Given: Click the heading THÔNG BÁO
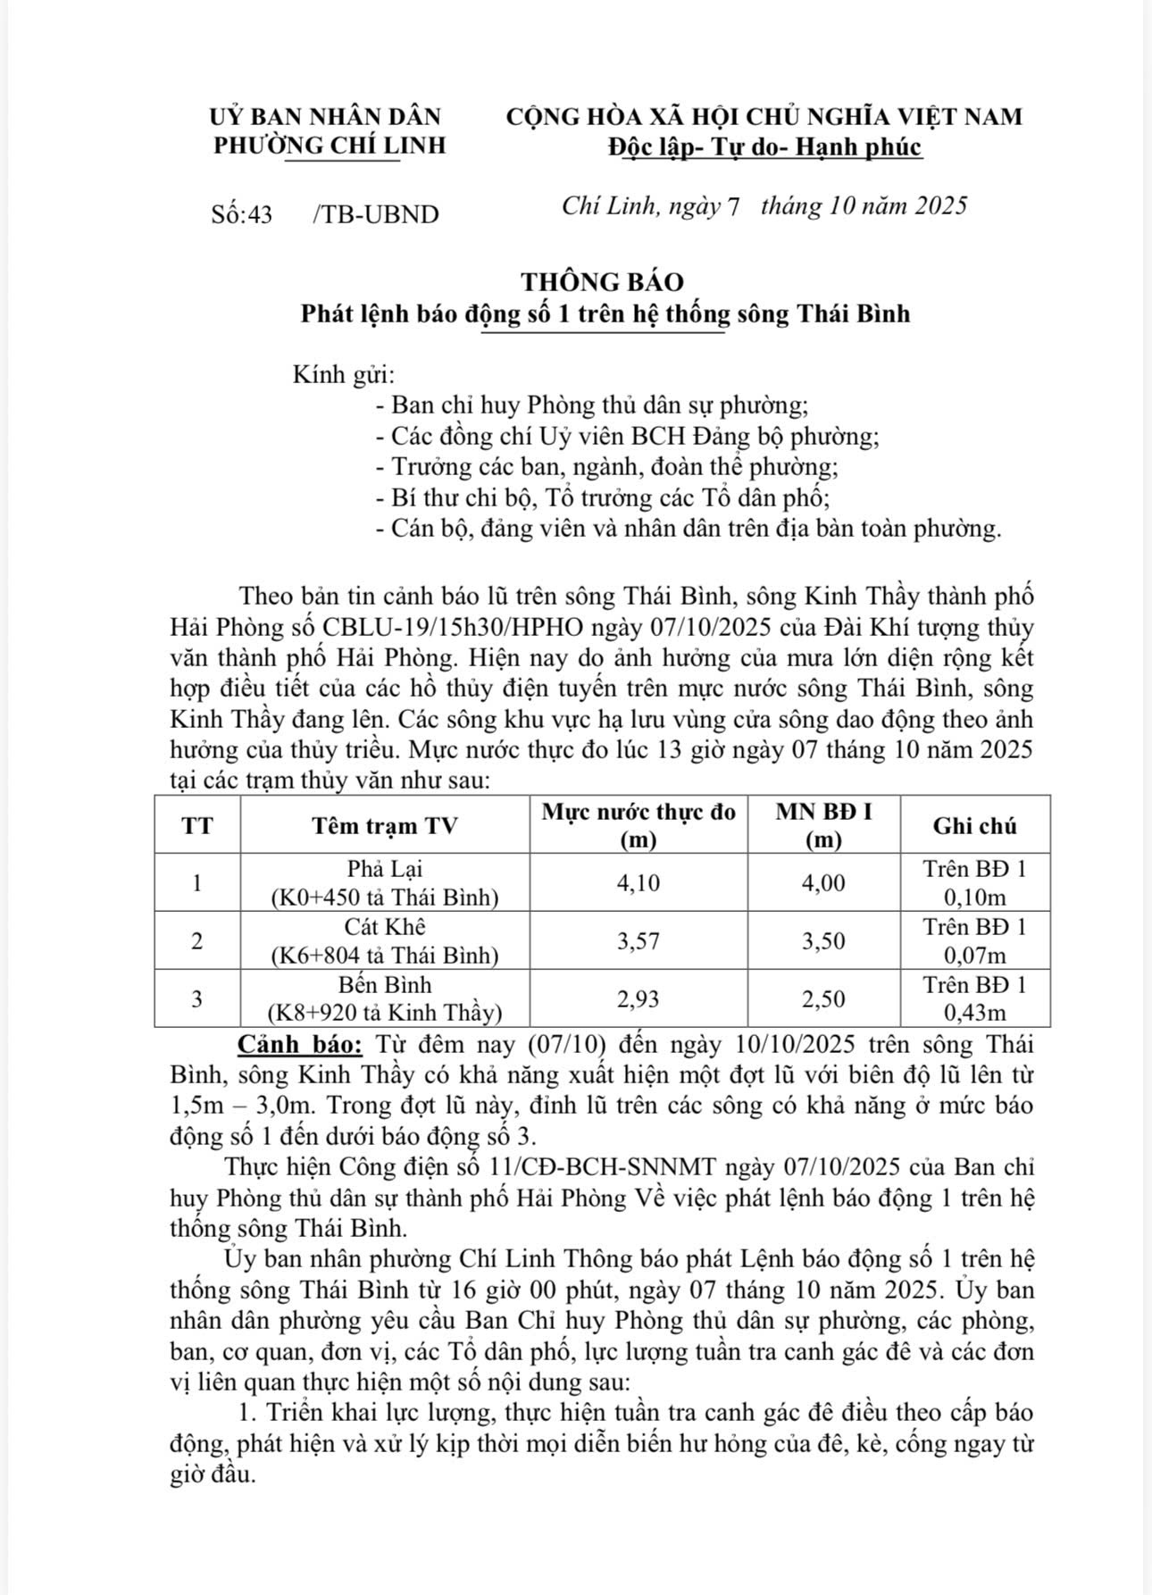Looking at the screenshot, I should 603,282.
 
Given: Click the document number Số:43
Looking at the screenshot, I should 242,214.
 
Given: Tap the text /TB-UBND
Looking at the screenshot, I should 376,214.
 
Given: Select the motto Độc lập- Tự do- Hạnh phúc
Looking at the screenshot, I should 764,146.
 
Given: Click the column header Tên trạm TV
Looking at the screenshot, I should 384,825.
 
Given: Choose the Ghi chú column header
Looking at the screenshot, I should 974,825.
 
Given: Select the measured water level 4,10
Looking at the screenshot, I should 639,883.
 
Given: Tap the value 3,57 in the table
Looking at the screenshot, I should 639,941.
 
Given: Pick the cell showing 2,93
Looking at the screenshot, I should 639,999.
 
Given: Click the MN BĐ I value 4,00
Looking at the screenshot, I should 823,883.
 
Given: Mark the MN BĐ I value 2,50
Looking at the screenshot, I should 823,999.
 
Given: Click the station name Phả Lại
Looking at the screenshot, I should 385,869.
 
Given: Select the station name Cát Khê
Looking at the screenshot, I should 385,927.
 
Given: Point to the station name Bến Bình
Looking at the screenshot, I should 385,985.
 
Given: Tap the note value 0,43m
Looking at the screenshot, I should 974,1013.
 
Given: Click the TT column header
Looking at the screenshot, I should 197,825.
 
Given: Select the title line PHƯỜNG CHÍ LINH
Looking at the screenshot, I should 330,146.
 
